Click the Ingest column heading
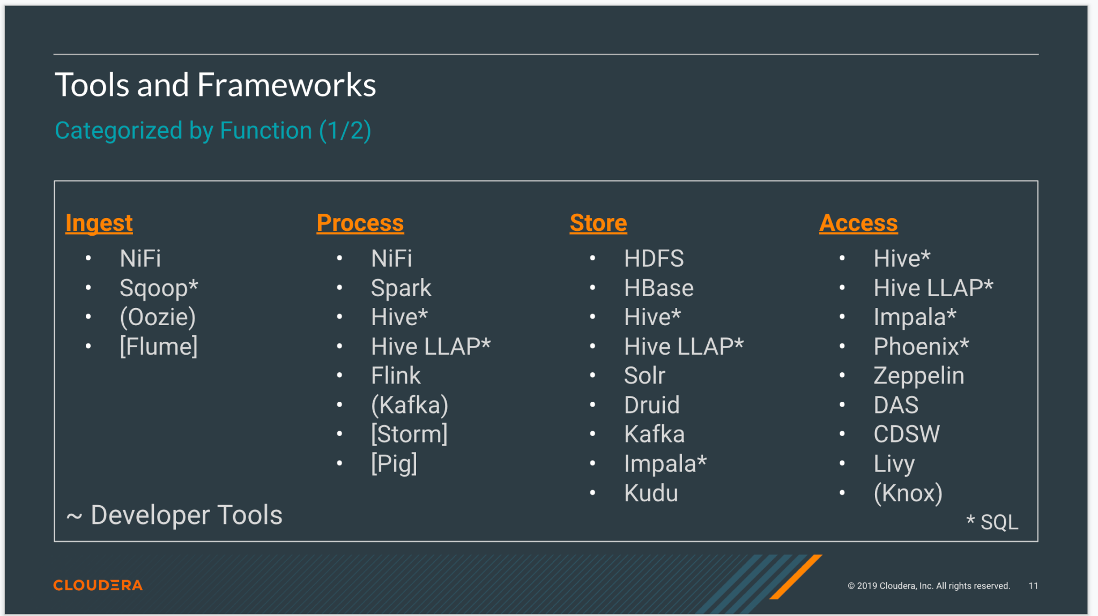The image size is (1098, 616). [99, 223]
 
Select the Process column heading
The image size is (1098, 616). [360, 223]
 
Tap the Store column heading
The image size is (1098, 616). [598, 223]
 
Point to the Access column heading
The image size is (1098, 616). [858, 223]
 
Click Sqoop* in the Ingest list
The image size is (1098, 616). [159, 288]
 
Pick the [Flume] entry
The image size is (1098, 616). [159, 347]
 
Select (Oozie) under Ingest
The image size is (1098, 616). [158, 317]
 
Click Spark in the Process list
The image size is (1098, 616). [401, 288]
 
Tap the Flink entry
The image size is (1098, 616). [396, 375]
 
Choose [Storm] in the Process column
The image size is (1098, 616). [409, 434]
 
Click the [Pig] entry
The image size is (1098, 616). [394, 463]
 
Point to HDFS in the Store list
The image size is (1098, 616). [654, 259]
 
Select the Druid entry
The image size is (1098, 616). [651, 405]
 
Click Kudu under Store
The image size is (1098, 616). [651, 493]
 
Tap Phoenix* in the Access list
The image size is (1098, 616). [921, 347]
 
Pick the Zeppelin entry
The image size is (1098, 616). [918, 375]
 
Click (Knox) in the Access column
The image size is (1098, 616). [908, 493]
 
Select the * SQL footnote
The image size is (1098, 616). [992, 522]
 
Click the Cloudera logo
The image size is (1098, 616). [98, 585]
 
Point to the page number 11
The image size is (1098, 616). [1033, 586]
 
